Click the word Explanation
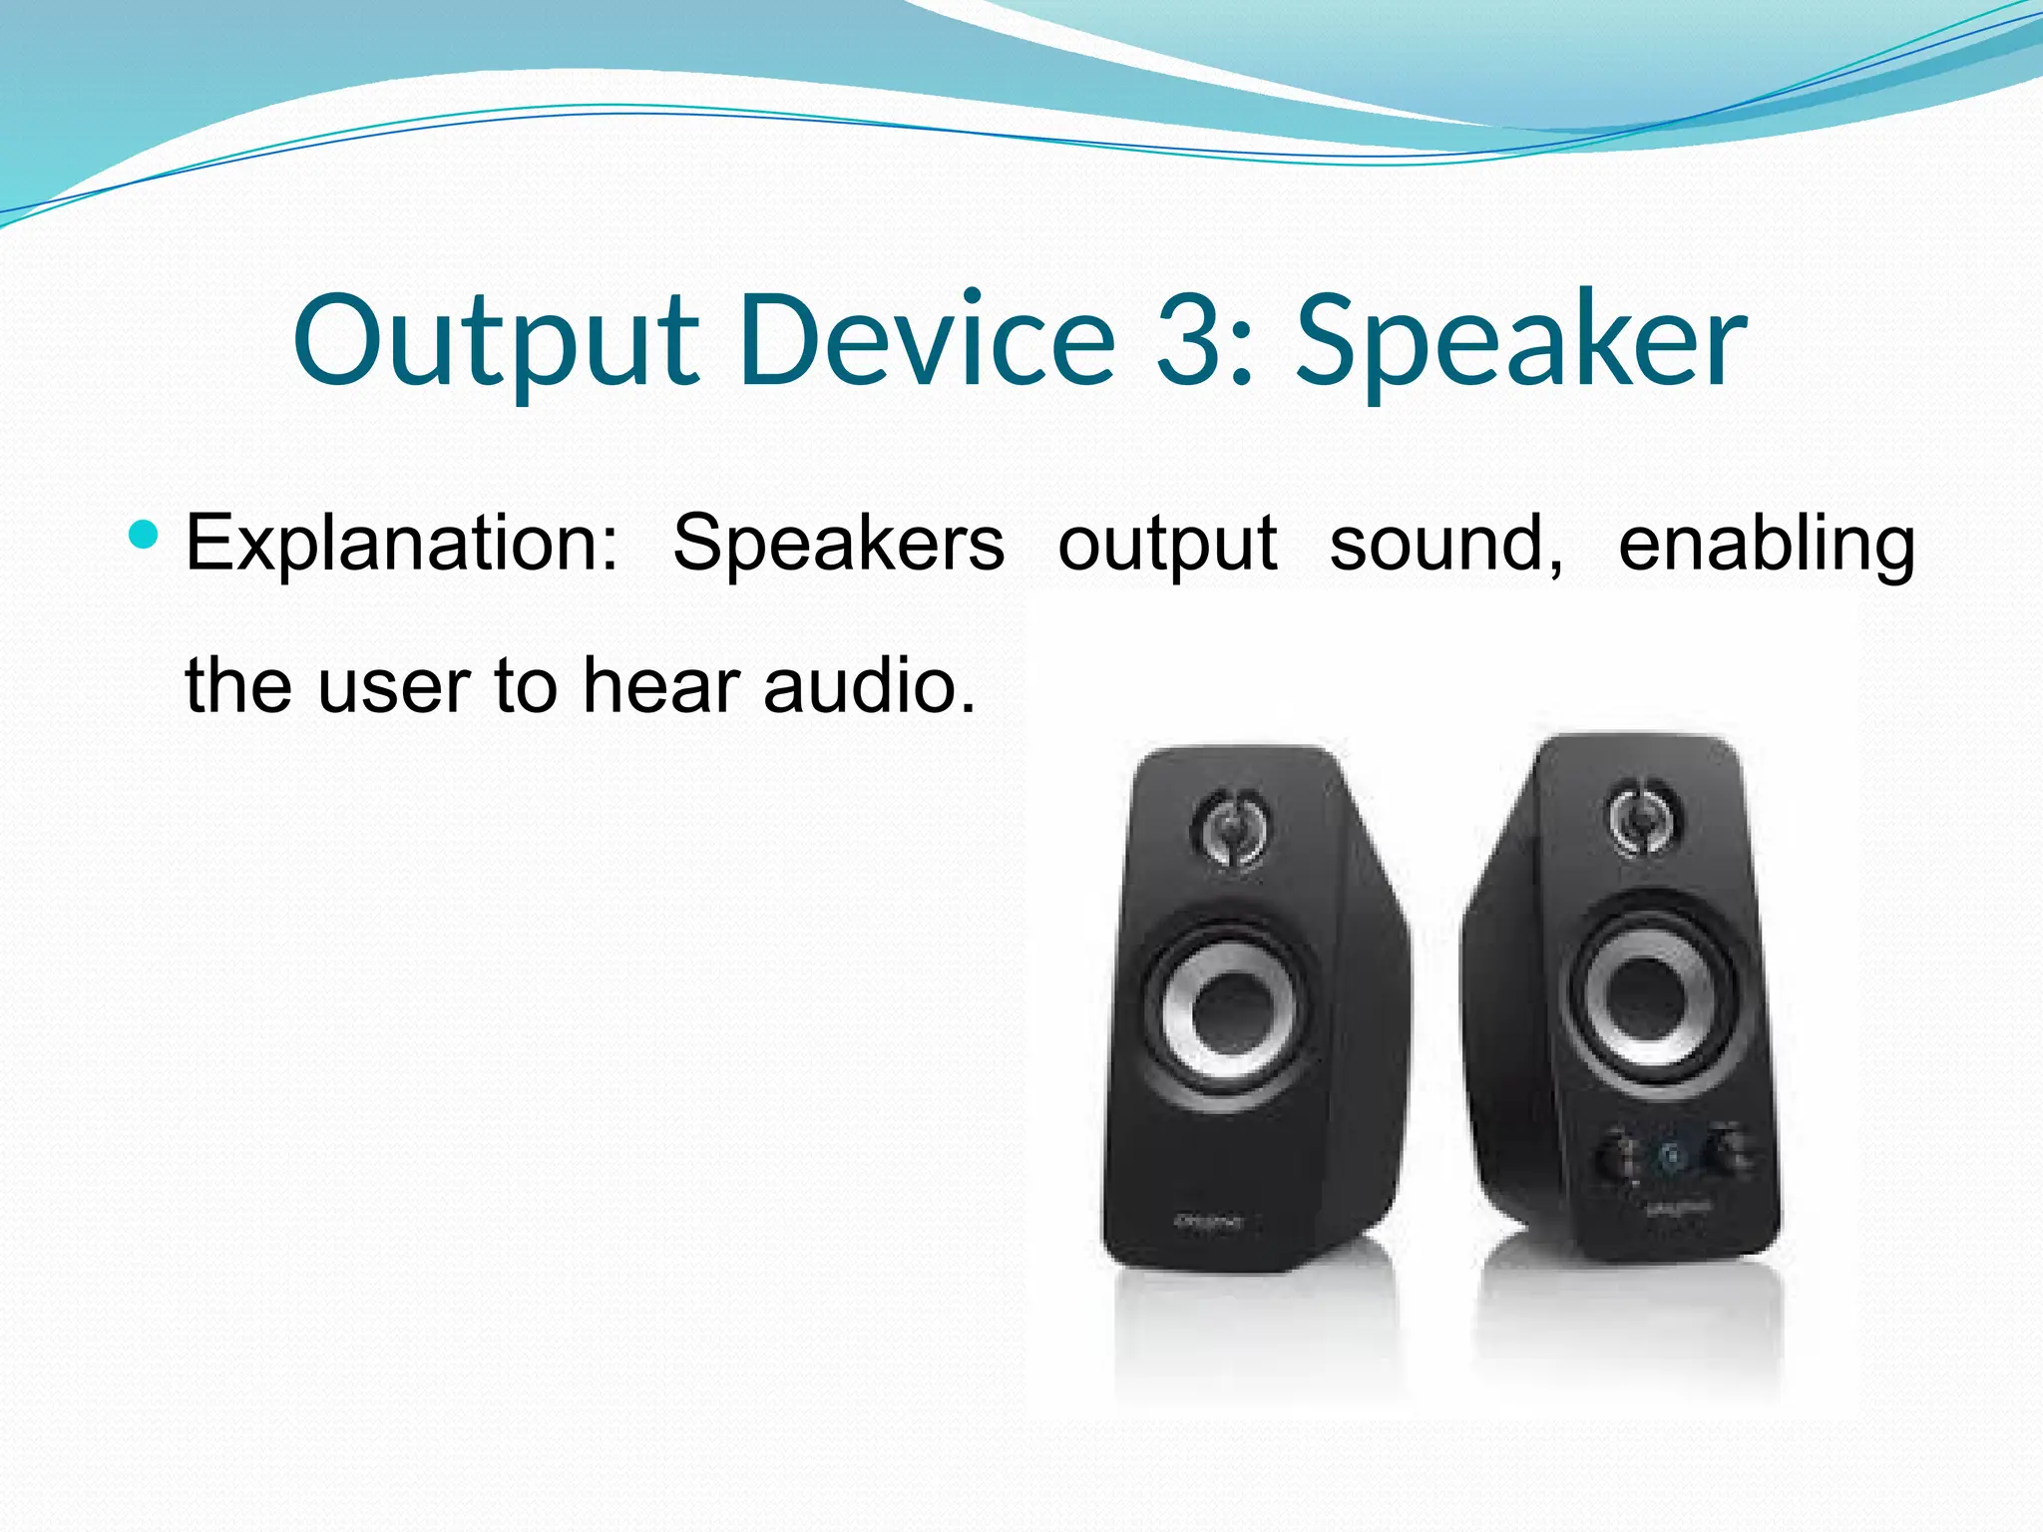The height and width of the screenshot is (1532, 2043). pos(402,544)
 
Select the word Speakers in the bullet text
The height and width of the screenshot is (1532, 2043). pos(838,544)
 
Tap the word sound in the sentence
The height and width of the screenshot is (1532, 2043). pos(1444,544)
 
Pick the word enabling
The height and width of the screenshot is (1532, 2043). pos(1766,544)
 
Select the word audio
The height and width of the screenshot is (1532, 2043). pos(869,686)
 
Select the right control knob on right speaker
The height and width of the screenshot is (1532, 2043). pos(1729,1151)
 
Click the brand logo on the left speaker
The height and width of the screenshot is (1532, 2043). pos(1207,1221)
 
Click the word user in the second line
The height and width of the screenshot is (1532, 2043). pos(394,686)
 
